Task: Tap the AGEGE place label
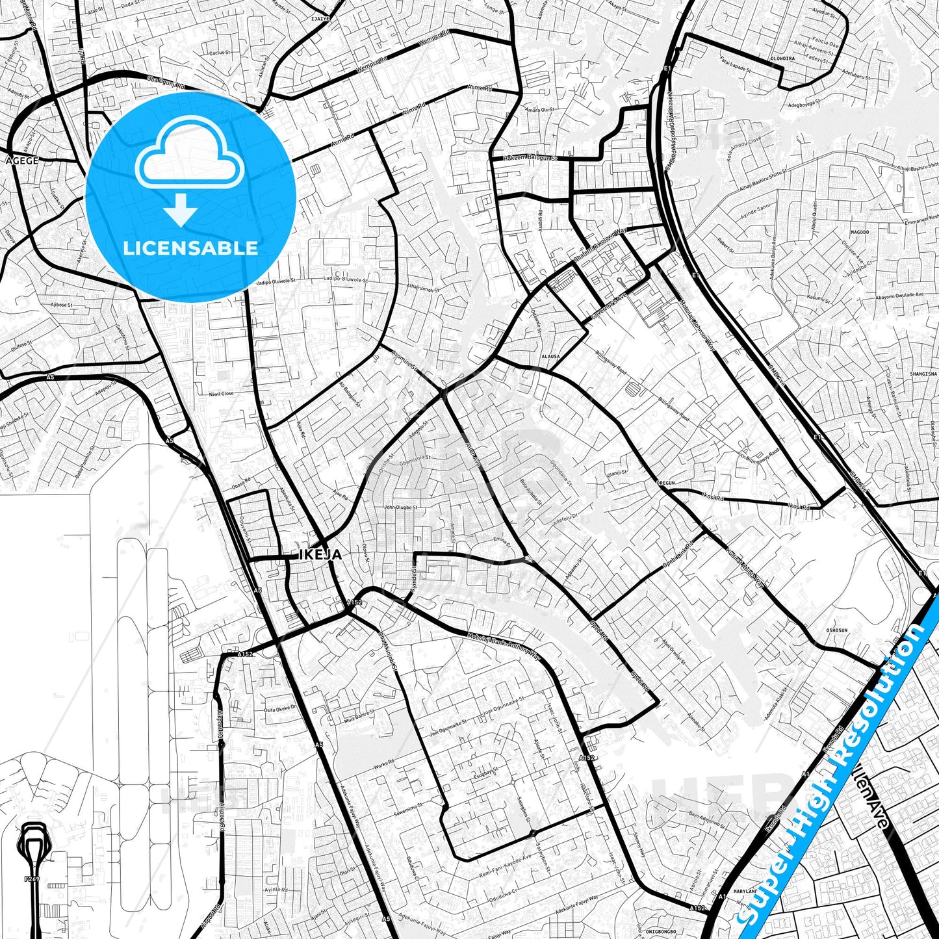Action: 22,161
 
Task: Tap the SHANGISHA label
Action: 923,374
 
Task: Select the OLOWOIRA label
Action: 782,58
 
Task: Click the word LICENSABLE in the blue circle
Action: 190,248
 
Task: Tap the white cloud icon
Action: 189,153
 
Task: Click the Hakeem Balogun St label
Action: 532,158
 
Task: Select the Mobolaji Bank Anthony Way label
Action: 504,644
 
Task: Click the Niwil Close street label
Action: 221,394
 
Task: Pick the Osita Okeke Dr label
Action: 280,709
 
